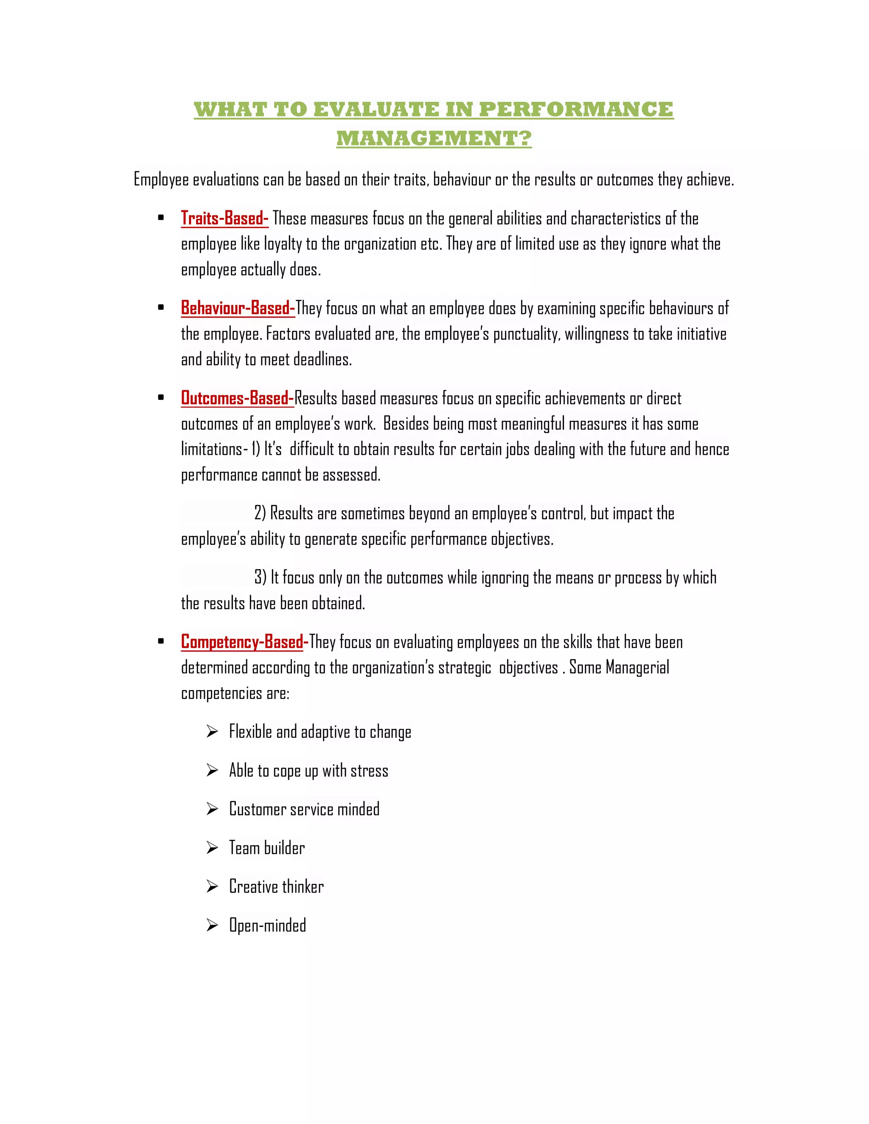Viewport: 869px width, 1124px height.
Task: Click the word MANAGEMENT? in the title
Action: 434,138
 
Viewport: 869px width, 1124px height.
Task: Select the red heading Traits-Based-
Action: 224,218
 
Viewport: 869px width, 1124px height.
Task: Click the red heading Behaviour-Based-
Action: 238,308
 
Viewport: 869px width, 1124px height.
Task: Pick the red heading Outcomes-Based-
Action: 237,398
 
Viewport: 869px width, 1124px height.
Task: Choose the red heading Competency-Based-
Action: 244,642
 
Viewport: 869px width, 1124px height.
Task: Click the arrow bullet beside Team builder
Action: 212,847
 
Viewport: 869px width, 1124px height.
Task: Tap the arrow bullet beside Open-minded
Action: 212,925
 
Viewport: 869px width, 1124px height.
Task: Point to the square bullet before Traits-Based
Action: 161,218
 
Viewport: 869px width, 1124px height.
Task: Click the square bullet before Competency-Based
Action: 161,642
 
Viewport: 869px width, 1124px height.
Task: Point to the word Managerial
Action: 637,668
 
